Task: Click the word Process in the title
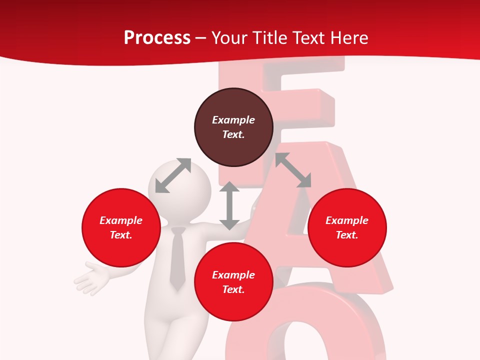click(157, 38)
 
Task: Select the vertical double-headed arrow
click(229, 205)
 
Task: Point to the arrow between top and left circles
click(173, 175)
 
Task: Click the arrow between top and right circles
click(293, 170)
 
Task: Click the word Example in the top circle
click(233, 120)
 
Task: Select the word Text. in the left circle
click(121, 235)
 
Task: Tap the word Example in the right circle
click(347, 220)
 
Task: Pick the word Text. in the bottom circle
click(233, 289)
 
